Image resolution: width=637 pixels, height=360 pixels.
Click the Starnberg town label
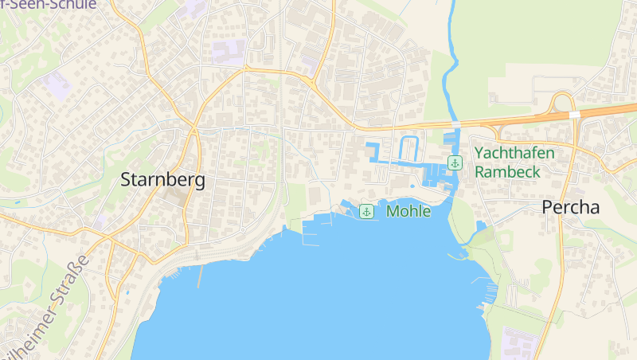162,180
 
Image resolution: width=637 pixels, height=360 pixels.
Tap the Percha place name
570,207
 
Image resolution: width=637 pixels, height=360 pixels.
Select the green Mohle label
408,212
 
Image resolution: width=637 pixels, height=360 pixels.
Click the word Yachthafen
514,153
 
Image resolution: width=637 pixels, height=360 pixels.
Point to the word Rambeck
507,171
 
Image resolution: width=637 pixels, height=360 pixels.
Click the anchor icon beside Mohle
366,211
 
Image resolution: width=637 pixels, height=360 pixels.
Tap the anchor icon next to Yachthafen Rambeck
454,162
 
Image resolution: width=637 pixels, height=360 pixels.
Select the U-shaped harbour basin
408,149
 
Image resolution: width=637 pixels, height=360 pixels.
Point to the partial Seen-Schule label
52,5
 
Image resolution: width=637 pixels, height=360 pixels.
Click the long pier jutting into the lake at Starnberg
199,276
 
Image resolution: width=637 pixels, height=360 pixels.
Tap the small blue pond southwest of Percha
480,227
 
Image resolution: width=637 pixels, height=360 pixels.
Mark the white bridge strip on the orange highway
574,115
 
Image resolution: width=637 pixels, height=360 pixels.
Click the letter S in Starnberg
126,181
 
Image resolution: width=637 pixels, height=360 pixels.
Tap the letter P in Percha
547,207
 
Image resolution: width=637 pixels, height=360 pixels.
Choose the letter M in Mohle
393,212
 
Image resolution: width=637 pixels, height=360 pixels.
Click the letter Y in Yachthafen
479,153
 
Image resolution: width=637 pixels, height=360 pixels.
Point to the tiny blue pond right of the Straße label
127,292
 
